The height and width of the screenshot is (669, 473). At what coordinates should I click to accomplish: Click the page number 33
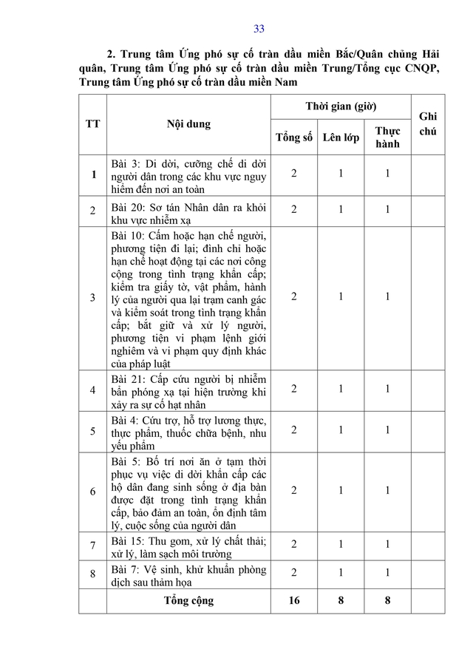pos(259,29)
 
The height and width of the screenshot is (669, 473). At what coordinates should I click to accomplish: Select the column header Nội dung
pos(188,123)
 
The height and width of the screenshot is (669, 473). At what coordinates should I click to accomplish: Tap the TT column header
pos(92,123)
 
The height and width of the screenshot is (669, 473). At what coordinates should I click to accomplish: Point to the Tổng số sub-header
pos(294,137)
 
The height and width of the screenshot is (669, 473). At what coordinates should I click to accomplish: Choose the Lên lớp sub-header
pos(341,137)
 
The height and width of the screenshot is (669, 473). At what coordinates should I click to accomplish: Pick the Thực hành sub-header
pos(387,137)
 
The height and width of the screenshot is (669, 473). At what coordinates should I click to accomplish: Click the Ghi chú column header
pos(428,123)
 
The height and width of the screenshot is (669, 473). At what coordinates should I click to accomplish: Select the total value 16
pos(294,600)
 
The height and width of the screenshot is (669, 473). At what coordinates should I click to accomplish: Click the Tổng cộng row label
pos(188,600)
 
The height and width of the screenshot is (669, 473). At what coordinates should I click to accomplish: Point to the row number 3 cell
pos(92,297)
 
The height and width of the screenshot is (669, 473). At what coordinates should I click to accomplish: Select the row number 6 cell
pos(92,492)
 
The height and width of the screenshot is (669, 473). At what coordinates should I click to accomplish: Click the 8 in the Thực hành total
pos(387,600)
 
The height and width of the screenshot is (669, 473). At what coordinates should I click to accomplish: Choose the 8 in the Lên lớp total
pos(341,600)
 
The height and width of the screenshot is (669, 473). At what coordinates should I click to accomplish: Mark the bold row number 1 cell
pos(92,174)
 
